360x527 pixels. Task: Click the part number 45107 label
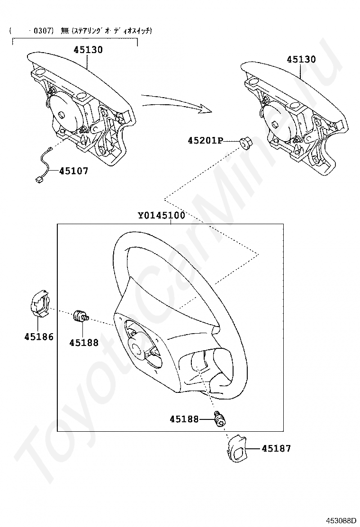tap(73, 171)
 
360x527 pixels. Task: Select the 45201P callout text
tap(205, 141)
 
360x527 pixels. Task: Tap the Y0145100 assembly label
tap(162, 215)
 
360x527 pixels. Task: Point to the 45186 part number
tap(39, 336)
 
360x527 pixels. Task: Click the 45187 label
tap(276, 448)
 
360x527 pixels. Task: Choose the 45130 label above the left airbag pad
tap(88, 50)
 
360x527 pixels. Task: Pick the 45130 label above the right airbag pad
tap(301, 59)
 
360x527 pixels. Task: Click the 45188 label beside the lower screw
tap(184, 419)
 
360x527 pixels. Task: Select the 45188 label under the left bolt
tap(84, 343)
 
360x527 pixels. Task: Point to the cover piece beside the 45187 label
tap(236, 449)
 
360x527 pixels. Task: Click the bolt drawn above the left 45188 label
tap(81, 316)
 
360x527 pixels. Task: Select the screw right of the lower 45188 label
tap(220, 419)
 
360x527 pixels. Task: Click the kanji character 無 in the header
tap(64, 31)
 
